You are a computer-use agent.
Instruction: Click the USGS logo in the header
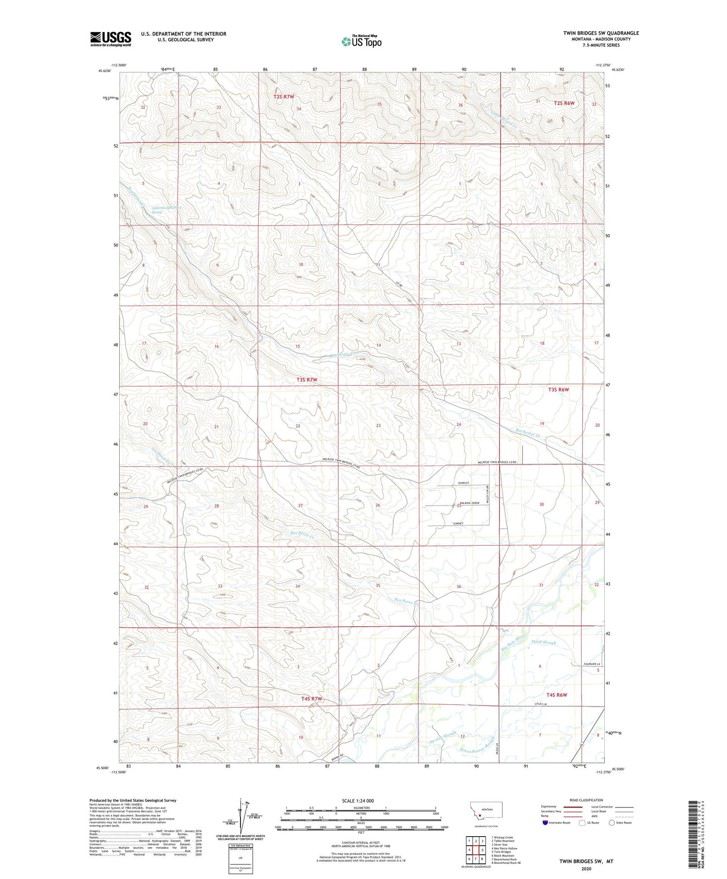click(111, 38)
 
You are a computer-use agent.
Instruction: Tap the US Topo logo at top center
click(361, 41)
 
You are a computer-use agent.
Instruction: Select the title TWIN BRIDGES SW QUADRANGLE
click(601, 33)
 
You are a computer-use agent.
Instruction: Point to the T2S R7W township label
click(284, 97)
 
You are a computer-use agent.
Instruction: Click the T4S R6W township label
click(554, 695)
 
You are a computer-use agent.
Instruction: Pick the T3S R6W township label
click(558, 390)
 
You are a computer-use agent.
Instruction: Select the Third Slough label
click(543, 642)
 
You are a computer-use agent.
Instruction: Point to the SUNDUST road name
click(463, 483)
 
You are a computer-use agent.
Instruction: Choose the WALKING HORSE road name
click(468, 503)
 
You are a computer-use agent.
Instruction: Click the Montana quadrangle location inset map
click(486, 813)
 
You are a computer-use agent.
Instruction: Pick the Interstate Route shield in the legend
click(546, 823)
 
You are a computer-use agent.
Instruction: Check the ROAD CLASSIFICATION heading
click(586, 800)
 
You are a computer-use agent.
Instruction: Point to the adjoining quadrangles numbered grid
click(475, 850)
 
